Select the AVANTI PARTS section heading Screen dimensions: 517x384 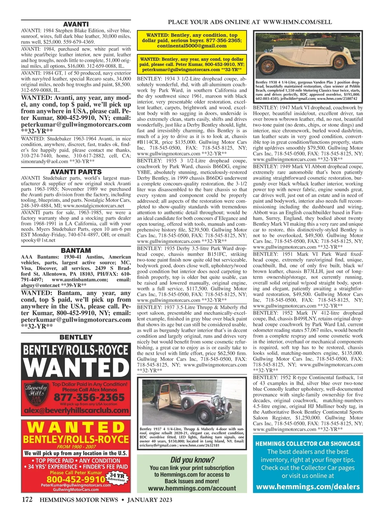point(76,172)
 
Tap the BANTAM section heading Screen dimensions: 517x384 point(76,250)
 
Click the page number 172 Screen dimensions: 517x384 point(27,500)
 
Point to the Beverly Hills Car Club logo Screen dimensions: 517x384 point(36,396)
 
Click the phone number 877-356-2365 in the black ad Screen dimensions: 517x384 point(89,397)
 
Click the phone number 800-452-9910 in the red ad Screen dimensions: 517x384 point(76,479)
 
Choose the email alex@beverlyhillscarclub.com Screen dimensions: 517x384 point(76,411)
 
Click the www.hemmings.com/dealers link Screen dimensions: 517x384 point(308,487)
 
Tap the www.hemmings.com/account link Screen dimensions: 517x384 point(192,488)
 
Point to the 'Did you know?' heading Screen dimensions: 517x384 point(192,460)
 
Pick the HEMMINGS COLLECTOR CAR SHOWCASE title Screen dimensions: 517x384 point(308,444)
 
